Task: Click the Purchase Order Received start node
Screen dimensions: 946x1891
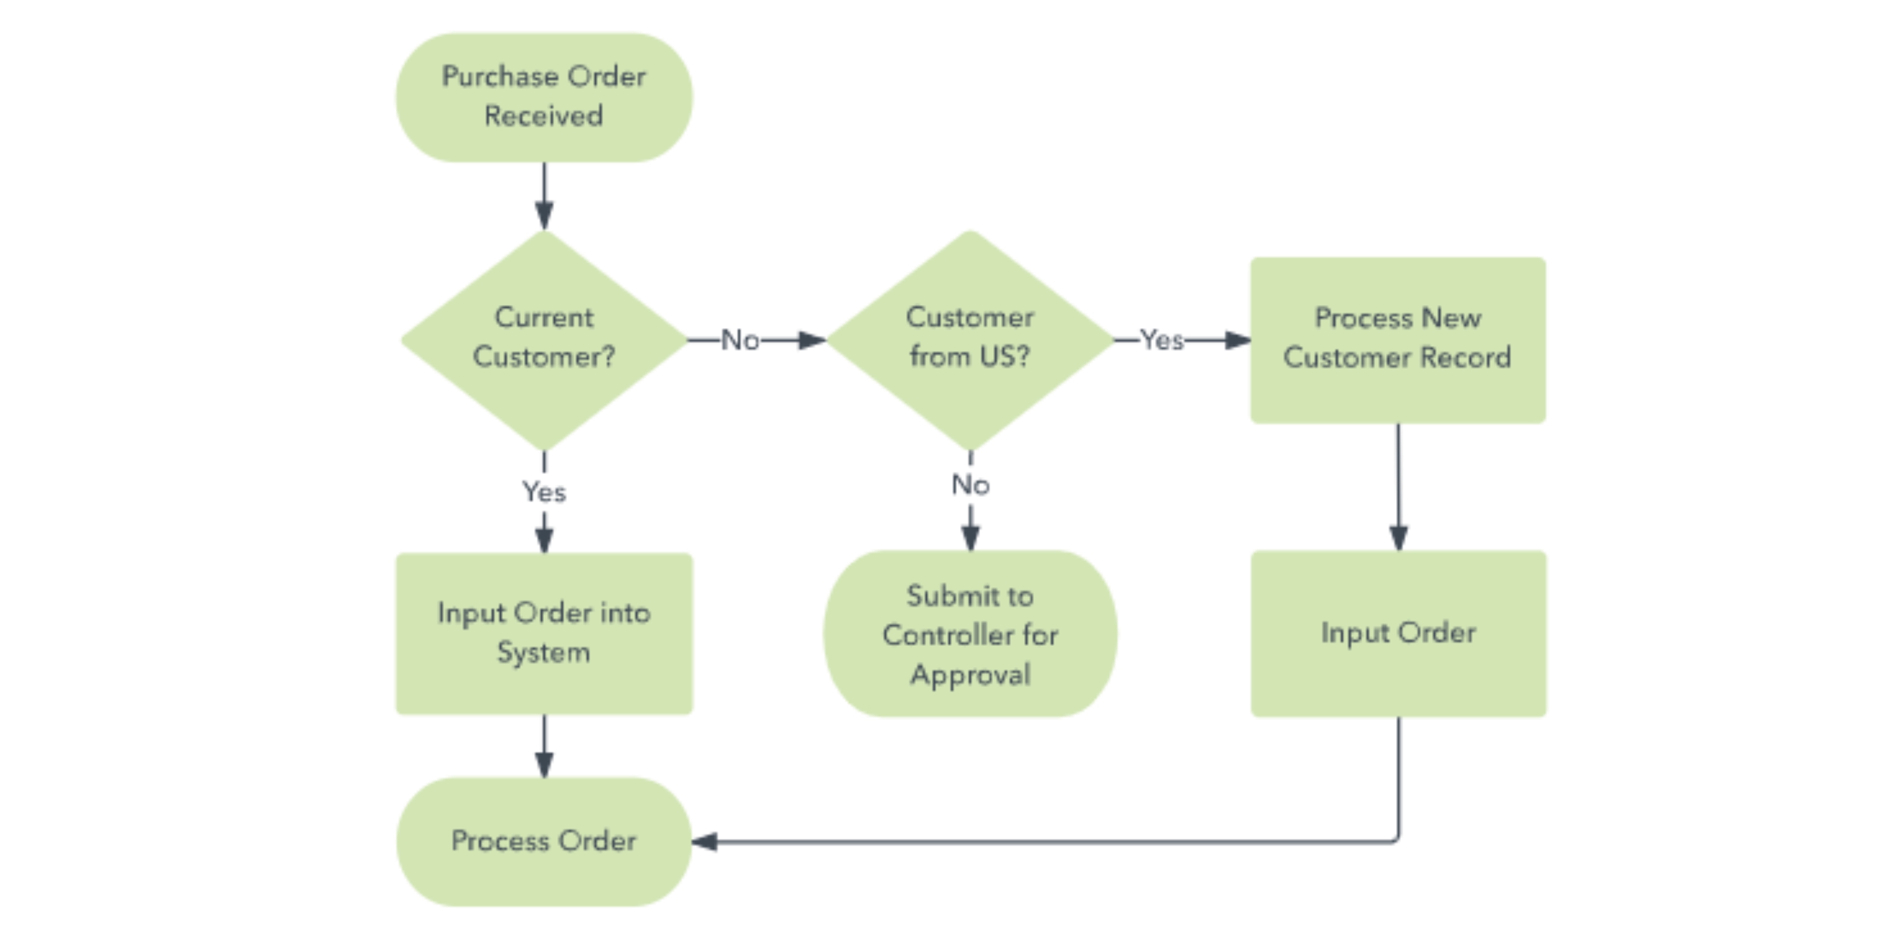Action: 544,97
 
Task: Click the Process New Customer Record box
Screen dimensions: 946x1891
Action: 1398,340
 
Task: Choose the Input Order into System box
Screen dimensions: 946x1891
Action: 544,633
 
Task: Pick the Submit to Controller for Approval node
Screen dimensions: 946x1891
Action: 970,633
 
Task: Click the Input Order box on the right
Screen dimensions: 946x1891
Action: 1398,633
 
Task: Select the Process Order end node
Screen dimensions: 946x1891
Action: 544,841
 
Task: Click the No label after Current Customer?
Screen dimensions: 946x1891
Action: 740,340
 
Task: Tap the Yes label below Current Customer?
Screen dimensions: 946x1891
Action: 544,491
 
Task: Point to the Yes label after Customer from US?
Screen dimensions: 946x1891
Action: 1161,340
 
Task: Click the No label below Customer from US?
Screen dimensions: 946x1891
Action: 970,485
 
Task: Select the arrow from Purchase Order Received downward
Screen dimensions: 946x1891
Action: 544,195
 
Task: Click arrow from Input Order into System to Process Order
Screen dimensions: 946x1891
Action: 544,746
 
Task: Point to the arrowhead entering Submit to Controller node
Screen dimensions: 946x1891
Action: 970,539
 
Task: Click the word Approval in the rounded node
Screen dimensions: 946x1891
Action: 970,674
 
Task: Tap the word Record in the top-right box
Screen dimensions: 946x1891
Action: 1465,358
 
